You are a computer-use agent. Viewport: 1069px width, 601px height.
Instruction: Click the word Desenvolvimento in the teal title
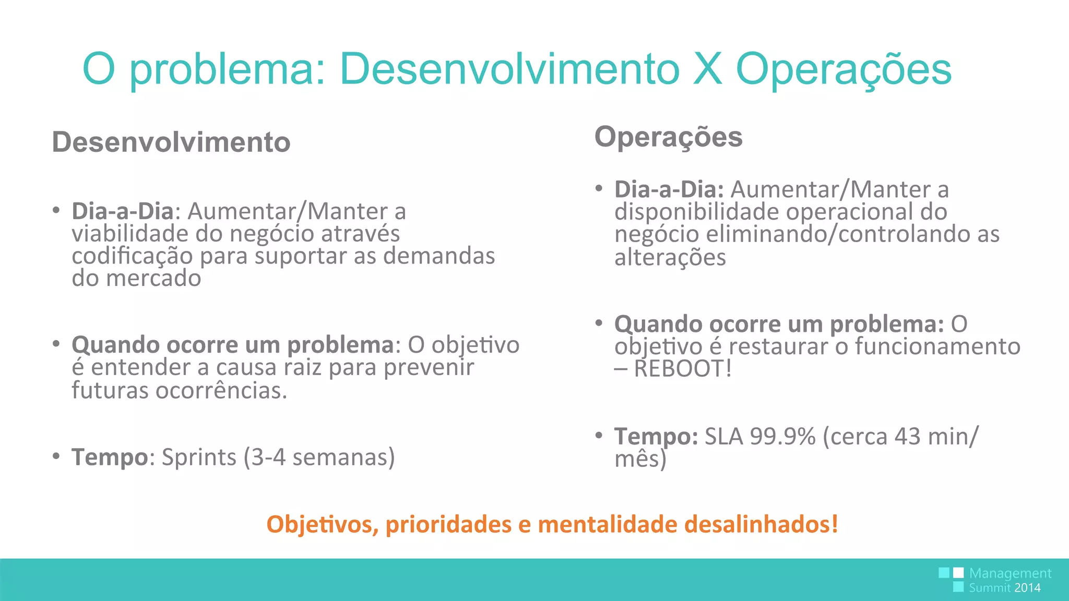[509, 69]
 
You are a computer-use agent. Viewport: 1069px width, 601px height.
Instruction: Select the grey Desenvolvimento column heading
[171, 142]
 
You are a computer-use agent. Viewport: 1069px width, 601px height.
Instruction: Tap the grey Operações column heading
[668, 137]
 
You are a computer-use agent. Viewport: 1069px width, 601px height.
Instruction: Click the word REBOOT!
[683, 369]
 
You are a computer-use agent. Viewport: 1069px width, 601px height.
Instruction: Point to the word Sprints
[199, 457]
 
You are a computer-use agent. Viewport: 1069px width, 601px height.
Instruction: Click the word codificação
[132, 256]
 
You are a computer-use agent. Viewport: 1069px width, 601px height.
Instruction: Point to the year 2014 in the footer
[1027, 588]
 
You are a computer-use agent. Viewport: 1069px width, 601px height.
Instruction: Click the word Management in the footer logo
[1010, 573]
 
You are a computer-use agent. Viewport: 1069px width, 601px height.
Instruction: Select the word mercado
[153, 279]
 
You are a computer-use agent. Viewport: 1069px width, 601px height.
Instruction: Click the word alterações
[670, 258]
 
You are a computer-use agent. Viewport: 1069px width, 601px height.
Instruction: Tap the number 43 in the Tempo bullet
[907, 436]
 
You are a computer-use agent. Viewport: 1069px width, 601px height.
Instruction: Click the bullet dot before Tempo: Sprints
[56, 456]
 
